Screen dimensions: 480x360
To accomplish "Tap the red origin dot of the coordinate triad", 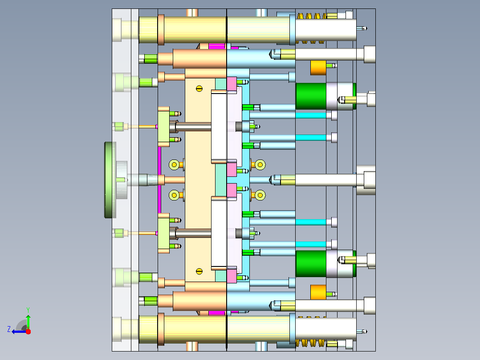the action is pos(28,331).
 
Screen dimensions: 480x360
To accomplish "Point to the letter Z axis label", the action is pos(9,329).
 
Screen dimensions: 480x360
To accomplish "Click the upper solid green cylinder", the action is pos(311,96).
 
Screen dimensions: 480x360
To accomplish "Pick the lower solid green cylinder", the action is pos(311,264).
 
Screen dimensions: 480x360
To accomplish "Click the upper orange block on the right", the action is pos(318,68).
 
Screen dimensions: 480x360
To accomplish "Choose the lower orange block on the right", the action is pos(318,292).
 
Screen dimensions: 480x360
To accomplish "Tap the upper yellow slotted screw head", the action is pos(199,89).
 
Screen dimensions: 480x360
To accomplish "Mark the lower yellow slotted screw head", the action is pos(199,271).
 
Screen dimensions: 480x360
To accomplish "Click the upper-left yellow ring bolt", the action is pos(174,164).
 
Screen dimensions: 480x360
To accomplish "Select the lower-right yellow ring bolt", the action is pos(260,195).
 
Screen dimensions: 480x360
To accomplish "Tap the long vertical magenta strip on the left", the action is pos(159,180).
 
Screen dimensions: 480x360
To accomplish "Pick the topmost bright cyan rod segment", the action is pos(311,115).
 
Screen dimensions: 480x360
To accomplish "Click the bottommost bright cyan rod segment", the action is pos(311,244).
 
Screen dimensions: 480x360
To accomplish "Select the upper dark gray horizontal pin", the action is pos(193,127).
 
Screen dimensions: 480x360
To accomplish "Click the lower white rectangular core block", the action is pos(219,233).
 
